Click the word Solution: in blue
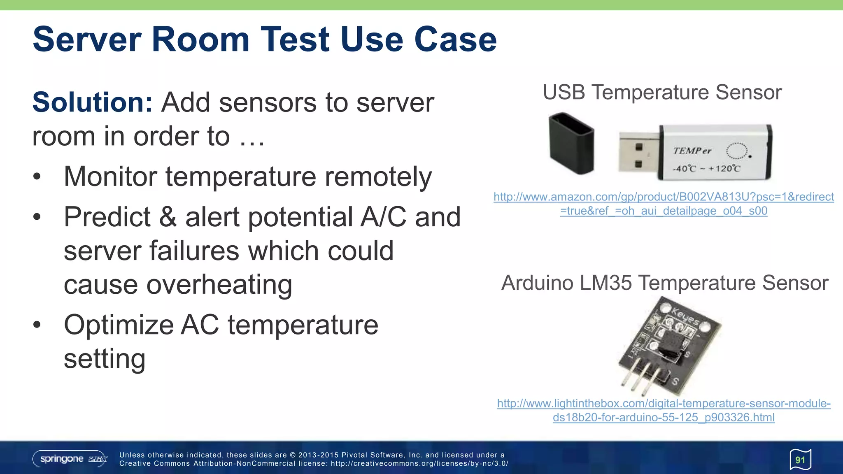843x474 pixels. point(93,102)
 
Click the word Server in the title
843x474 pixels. point(87,39)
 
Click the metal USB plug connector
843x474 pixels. point(638,153)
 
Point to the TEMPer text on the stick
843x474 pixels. point(692,151)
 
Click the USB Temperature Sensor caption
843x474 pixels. point(662,92)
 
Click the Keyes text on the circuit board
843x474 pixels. point(685,316)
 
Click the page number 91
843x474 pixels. point(800,460)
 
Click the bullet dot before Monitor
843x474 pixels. point(37,177)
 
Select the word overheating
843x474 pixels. point(219,285)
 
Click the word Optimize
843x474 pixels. point(119,325)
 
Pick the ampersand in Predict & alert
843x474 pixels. point(168,217)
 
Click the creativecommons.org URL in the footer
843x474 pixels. point(419,464)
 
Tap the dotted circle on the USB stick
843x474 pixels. point(736,151)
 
